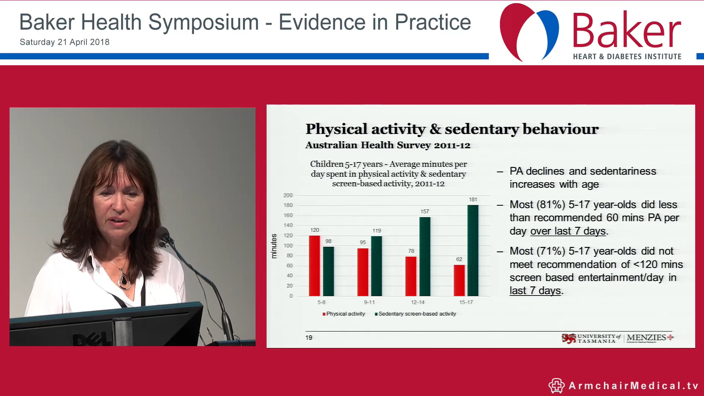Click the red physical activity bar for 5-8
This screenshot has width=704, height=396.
[x=314, y=266]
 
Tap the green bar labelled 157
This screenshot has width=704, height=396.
[x=425, y=257]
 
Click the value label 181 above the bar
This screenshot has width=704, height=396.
[x=473, y=199]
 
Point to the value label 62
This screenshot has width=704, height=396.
[x=459, y=259]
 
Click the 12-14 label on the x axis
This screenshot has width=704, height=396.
[x=418, y=302]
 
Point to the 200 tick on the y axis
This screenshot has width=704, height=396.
[x=288, y=195]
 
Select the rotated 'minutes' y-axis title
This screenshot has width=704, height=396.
[x=274, y=246]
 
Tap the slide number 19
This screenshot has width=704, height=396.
[x=309, y=338]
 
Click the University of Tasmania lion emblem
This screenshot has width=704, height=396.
[x=569, y=338]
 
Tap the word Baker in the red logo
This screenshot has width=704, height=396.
[x=626, y=32]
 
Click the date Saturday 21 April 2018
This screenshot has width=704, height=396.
[x=65, y=42]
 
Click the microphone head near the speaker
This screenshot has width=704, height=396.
[x=163, y=235]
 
